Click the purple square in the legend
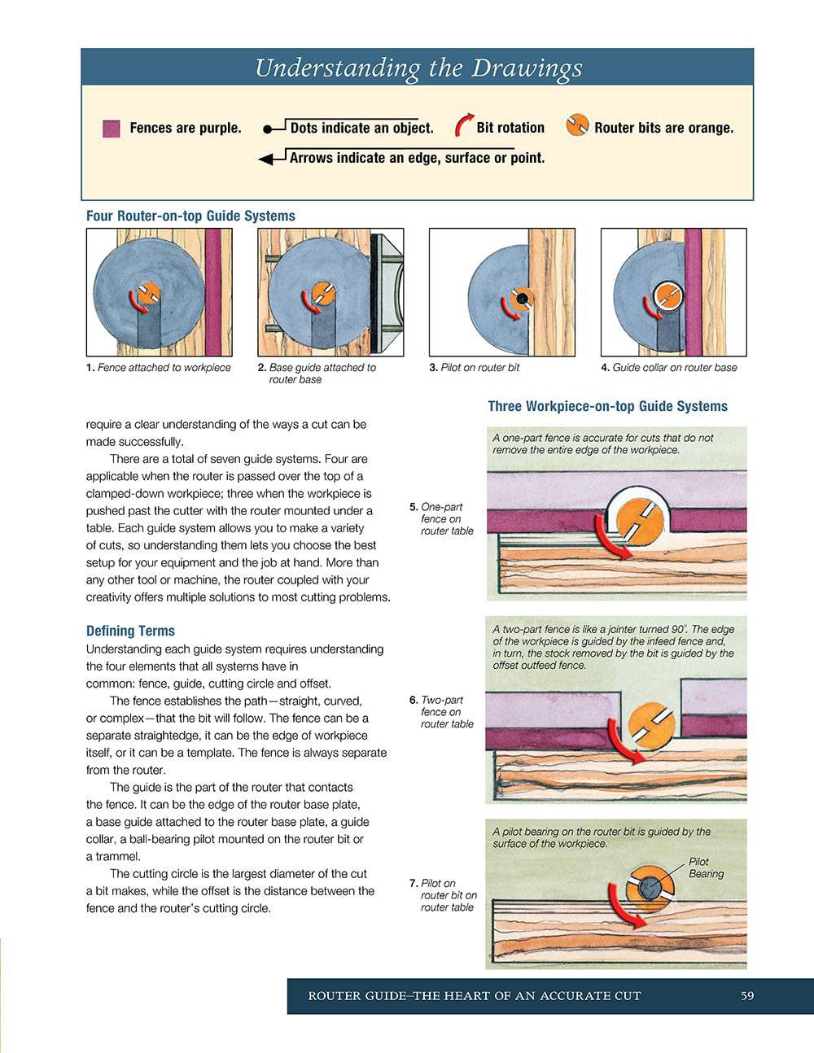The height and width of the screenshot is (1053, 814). (112, 129)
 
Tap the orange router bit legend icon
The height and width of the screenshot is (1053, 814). (577, 125)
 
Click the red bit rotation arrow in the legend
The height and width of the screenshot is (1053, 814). (463, 125)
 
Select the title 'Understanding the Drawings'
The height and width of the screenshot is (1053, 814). (418, 68)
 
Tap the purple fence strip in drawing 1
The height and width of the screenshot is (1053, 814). (213, 292)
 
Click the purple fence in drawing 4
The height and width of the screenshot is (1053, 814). (693, 292)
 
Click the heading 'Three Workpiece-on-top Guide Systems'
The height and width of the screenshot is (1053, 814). (607, 406)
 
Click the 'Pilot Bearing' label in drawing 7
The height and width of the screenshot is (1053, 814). (705, 867)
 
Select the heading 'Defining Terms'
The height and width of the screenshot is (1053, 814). (130, 631)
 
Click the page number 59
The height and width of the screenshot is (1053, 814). (746, 996)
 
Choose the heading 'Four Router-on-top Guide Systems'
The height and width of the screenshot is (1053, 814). (190, 216)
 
